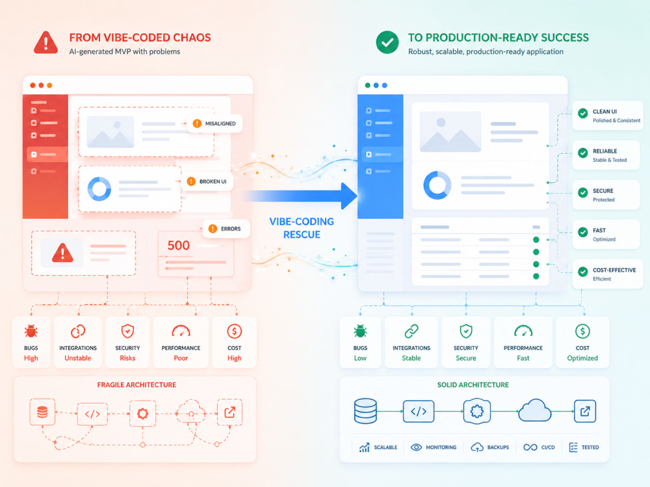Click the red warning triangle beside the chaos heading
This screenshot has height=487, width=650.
coord(45,43)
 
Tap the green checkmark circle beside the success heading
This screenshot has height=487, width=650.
coord(387,42)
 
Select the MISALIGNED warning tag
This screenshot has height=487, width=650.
coord(214,123)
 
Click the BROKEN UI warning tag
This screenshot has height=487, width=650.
coord(209,181)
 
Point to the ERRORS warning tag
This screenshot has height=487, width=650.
coord(226,229)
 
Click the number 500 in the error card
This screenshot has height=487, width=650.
coord(178,245)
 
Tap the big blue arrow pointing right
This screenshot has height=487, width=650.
coord(301,196)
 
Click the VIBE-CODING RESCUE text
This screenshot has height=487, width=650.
coord(302,228)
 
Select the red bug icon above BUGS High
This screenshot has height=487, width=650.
coord(31,331)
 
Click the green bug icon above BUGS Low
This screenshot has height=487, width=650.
coord(360,331)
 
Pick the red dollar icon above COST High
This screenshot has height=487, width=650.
coord(234,331)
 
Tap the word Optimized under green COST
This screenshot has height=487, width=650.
coord(582,358)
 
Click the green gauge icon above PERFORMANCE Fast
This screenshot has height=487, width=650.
coord(523,331)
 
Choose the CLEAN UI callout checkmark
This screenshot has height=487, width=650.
coord(583,114)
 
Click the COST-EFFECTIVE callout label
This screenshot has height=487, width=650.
coord(614,270)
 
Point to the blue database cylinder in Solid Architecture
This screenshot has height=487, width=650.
coord(365,411)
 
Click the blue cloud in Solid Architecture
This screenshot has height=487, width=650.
coord(535,410)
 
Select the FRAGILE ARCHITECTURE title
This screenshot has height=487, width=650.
coord(136,384)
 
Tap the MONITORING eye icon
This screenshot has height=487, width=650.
coord(416,447)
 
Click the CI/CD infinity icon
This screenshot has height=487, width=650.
coord(530,447)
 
